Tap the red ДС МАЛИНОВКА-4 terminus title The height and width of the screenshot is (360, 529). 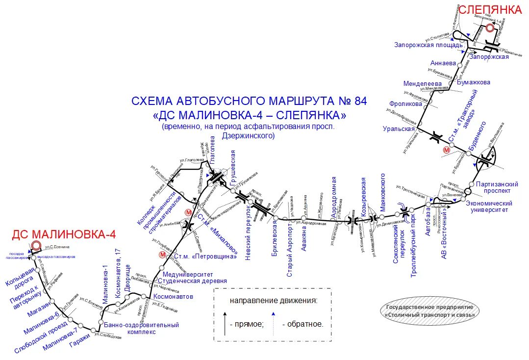[x=64, y=233]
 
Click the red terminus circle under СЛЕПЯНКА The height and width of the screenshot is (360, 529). [x=490, y=28]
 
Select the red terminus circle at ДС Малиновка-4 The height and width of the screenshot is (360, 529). [x=35, y=246]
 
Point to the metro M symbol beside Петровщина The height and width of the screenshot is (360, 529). [x=162, y=255]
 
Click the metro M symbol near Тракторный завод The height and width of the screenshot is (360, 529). [x=446, y=150]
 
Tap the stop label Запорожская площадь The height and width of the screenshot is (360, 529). [x=428, y=45]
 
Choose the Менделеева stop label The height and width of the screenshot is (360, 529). [x=422, y=83]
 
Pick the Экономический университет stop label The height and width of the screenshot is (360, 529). [x=489, y=206]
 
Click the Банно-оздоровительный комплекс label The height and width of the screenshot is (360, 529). [x=141, y=328]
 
